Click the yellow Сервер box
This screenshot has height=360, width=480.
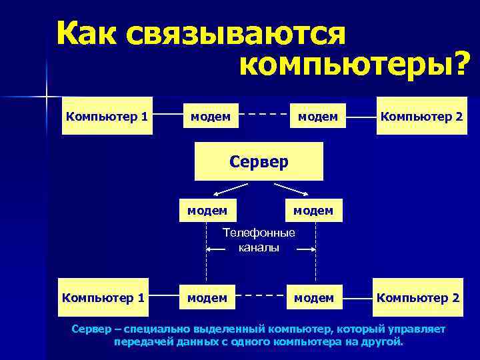pos(259,161)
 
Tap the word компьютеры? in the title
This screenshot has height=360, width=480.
pos(353,65)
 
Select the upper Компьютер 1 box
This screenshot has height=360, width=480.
pos(107,117)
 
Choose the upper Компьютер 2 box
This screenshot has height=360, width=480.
pos(421,117)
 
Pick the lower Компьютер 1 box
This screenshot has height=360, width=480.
pos(103,297)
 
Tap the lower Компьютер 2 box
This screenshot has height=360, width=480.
pos(418,297)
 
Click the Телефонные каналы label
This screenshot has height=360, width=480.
pos(259,240)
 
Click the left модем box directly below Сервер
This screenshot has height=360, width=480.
pos(207,211)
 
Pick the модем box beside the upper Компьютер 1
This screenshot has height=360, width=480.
pos(211,117)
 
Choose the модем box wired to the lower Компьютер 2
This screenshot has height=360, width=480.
pos(314,297)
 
